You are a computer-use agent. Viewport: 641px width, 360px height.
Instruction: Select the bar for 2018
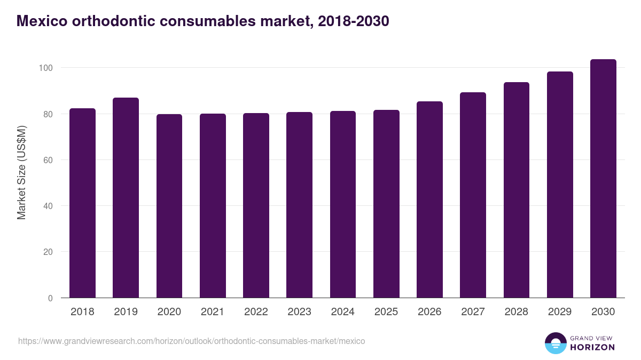coord(82,203)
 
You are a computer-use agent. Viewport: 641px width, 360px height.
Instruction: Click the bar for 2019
coord(126,198)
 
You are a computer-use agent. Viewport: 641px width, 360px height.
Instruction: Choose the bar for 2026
coord(429,199)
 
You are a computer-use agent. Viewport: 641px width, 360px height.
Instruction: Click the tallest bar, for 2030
coord(603,179)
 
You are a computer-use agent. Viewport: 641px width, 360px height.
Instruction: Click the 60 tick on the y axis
coord(49,160)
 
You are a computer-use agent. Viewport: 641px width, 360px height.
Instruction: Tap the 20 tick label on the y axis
coord(49,252)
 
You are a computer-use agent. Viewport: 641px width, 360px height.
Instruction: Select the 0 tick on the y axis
coord(51,298)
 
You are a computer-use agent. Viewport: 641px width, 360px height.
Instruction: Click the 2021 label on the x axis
coord(212,312)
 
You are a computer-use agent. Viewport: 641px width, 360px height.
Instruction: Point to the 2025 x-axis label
coord(386,312)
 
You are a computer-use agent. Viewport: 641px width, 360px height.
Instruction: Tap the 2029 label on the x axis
coord(559,312)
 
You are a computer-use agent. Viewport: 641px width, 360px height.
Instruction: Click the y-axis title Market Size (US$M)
coord(21,172)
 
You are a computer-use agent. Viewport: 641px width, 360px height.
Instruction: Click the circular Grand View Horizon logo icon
coord(556,343)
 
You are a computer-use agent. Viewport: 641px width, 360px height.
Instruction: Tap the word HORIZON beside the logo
coord(592,347)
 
